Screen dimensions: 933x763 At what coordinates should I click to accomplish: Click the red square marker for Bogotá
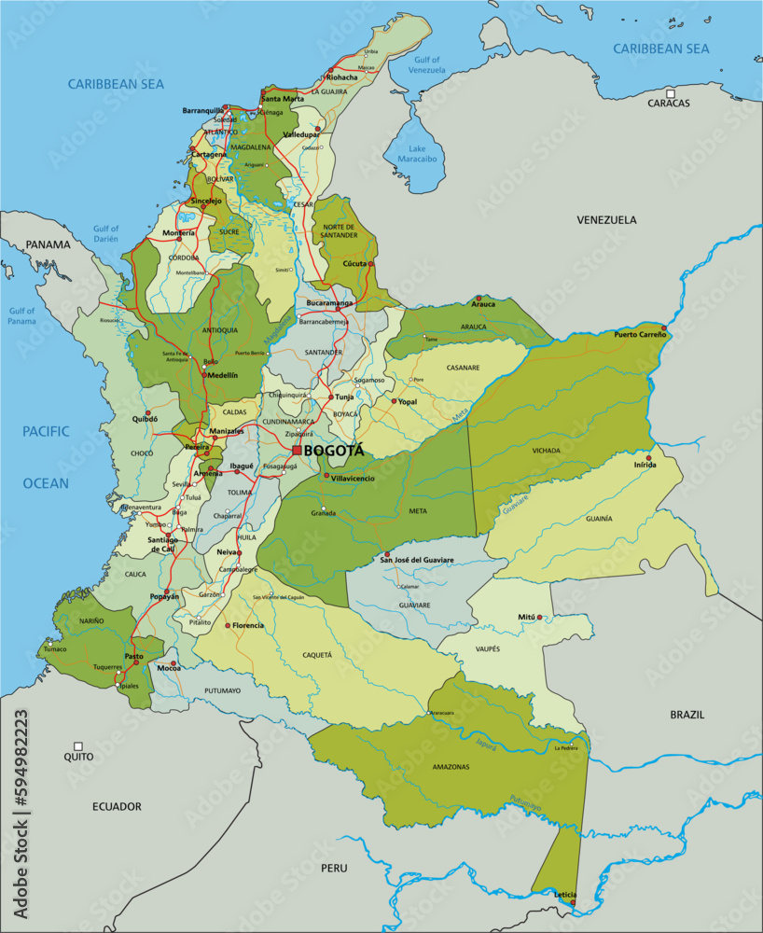[x=297, y=451]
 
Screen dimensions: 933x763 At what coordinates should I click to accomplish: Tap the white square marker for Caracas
[x=670, y=92]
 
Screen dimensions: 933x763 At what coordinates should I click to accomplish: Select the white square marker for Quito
[x=78, y=746]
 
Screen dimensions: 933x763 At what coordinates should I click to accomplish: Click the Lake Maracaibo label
[x=416, y=154]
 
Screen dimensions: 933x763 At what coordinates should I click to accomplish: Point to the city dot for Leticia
[x=573, y=901]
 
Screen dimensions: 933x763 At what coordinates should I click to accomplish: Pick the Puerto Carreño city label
[x=639, y=334]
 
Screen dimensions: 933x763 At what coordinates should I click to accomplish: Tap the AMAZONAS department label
[x=451, y=767]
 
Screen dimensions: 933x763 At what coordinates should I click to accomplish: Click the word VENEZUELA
[x=605, y=220]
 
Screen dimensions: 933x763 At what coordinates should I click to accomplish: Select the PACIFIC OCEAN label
[x=47, y=457]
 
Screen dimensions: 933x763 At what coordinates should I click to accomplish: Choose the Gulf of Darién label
[x=105, y=234]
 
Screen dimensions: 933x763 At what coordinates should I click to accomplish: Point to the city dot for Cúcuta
[x=370, y=264]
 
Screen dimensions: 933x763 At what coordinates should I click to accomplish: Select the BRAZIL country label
[x=687, y=715]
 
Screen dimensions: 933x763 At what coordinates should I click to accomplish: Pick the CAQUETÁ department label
[x=317, y=655]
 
